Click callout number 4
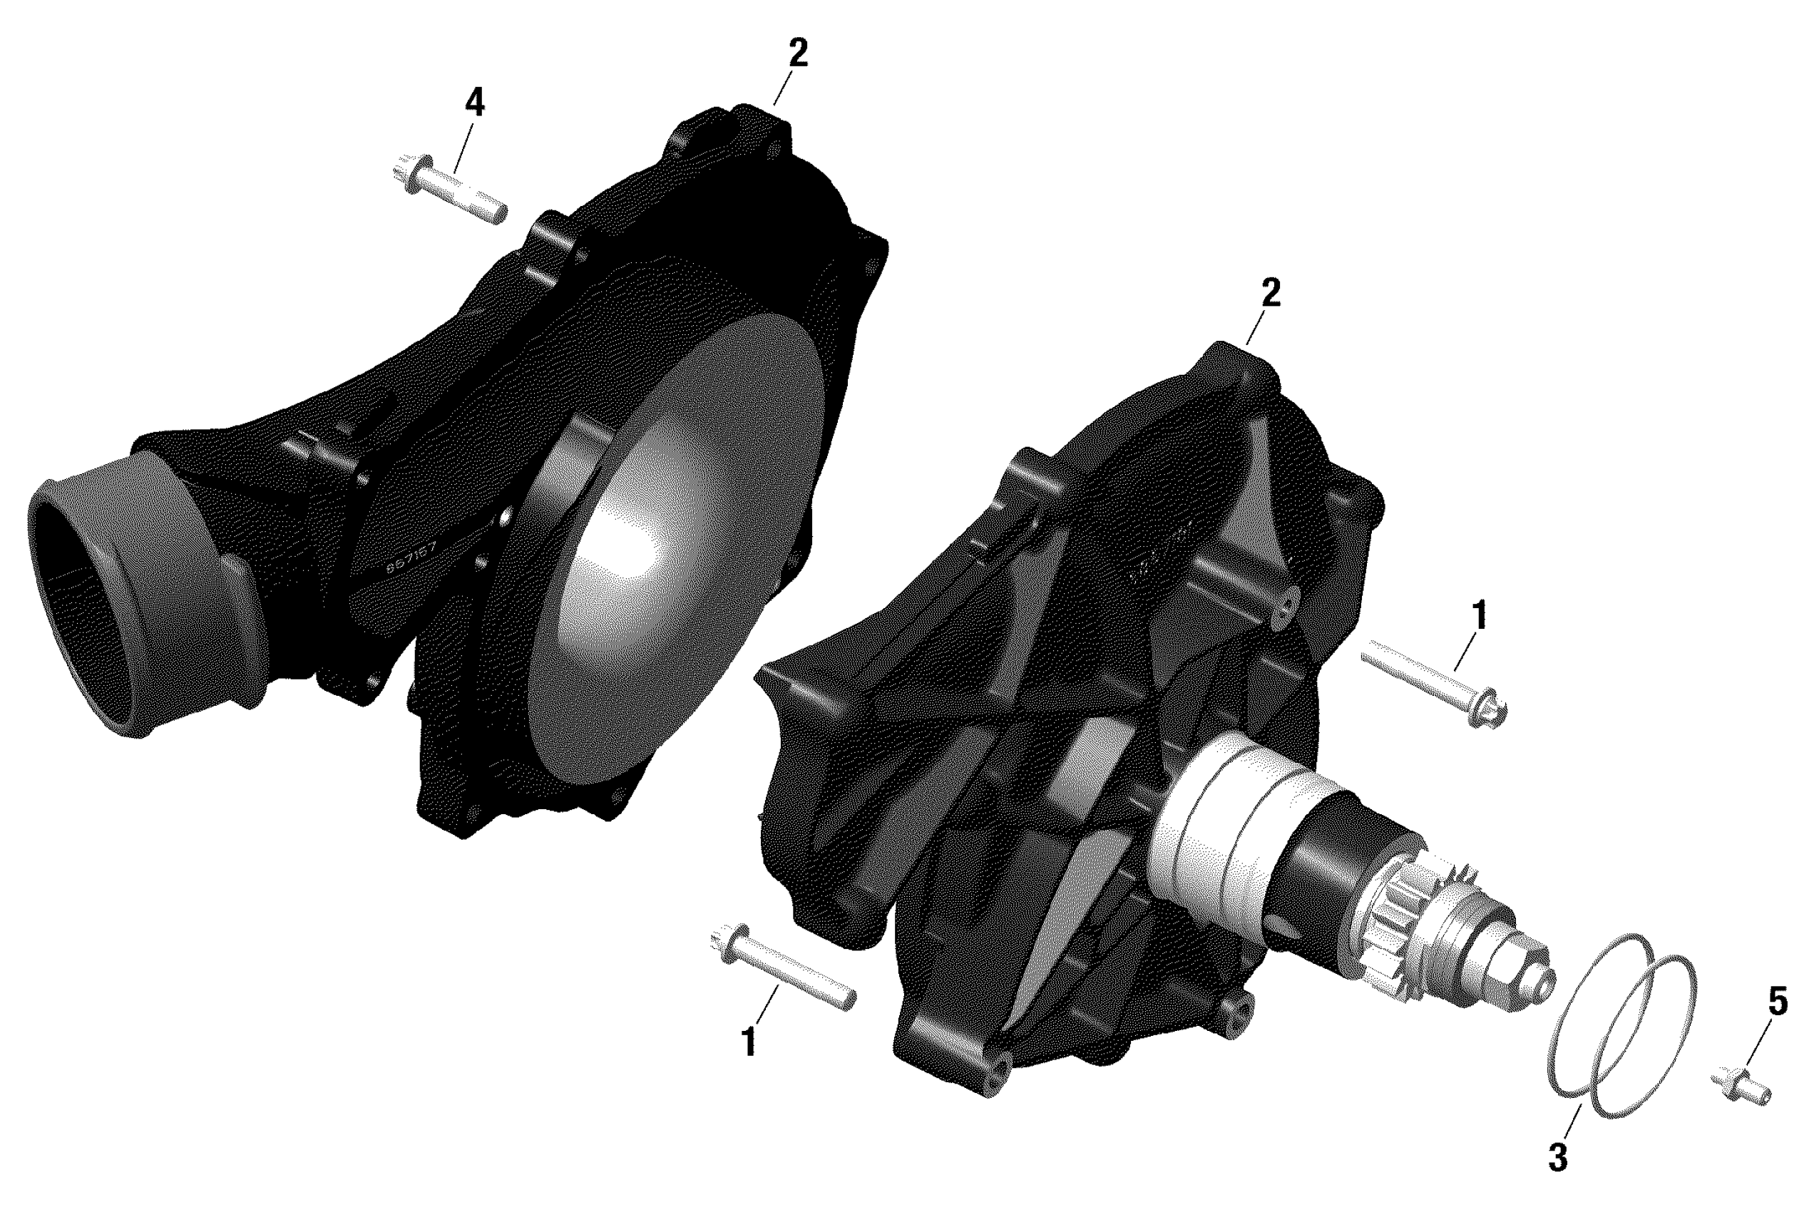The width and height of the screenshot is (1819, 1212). [474, 102]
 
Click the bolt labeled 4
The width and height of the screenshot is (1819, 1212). [449, 190]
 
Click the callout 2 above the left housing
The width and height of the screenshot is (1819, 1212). [798, 52]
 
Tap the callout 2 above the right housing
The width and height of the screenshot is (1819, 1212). [1270, 292]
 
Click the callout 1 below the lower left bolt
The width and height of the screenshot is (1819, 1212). [747, 1041]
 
